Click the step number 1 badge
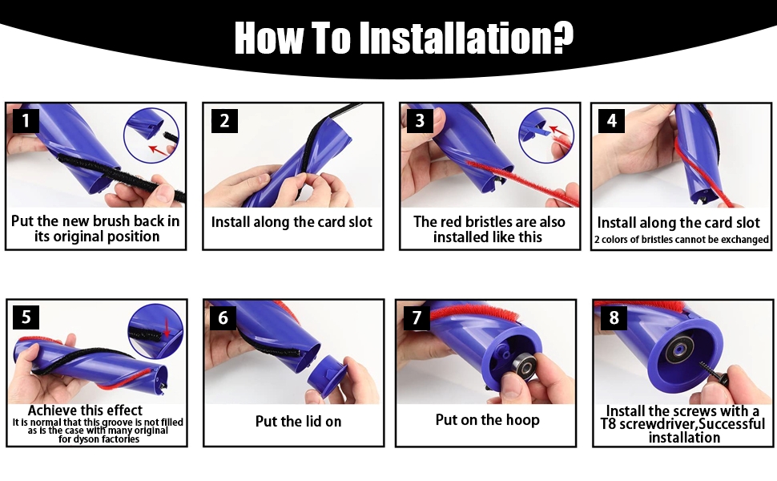pyautogui.click(x=26, y=120)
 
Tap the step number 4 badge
pyautogui.click(x=611, y=120)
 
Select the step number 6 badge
pyautogui.click(x=223, y=317)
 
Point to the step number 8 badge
pyautogui.click(x=614, y=317)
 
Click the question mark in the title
pyautogui.click(x=561, y=37)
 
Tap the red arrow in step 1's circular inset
pyautogui.click(x=158, y=149)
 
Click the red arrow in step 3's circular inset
pyautogui.click(x=557, y=131)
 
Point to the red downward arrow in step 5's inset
pyautogui.click(x=167, y=327)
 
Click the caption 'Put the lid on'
pyautogui.click(x=298, y=422)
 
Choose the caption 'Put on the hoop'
pyautogui.click(x=488, y=420)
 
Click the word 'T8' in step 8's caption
pyautogui.click(x=609, y=424)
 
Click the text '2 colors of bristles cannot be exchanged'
pyautogui.click(x=682, y=240)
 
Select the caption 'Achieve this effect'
pyautogui.click(x=85, y=410)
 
